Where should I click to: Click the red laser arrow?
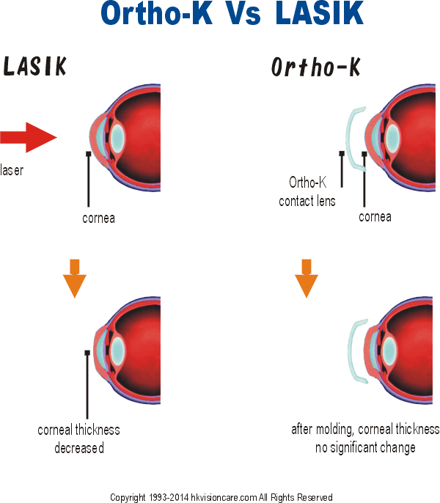[29, 137]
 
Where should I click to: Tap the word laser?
[12, 170]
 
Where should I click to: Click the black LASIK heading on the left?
[34, 66]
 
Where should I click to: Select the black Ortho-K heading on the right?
[316, 67]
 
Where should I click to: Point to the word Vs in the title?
[244, 14]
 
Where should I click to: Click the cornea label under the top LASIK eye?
[98, 219]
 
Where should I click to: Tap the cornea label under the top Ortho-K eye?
[375, 217]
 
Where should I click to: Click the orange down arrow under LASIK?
[75, 279]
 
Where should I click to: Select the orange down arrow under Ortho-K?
[307, 279]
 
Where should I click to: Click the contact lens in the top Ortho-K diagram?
[348, 138]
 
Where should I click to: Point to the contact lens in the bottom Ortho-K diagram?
[351, 351]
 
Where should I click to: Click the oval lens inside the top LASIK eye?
[117, 139]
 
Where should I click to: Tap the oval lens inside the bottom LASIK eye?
[117, 350]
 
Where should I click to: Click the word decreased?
[79, 448]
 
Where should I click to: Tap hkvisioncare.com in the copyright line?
[224, 497]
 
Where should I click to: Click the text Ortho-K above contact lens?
[308, 182]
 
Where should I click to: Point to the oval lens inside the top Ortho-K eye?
[392, 139]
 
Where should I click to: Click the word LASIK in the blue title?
[319, 13]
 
